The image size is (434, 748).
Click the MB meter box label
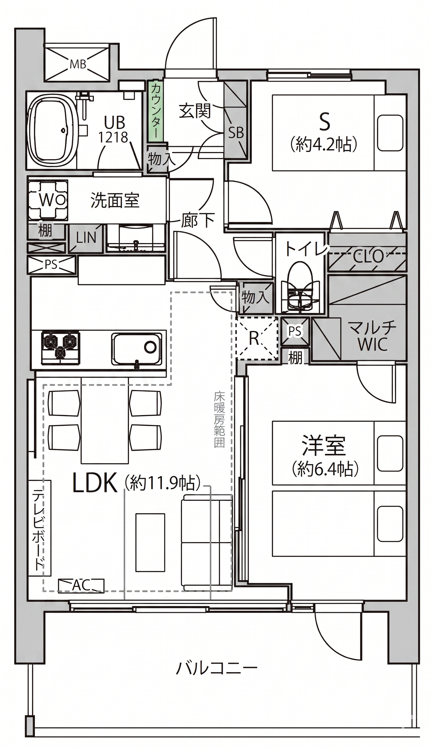pos(78,64)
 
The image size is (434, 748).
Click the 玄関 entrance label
pos(195,110)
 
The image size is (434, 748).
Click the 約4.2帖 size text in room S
pos(324,145)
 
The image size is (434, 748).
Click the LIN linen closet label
pos(86,238)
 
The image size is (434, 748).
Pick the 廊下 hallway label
pos(198,220)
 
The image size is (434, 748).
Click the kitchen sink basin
pos(137,349)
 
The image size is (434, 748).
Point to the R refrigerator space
pos(257,338)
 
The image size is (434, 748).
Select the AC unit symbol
pos(81,585)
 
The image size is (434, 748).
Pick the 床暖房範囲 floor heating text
pos(219,420)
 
